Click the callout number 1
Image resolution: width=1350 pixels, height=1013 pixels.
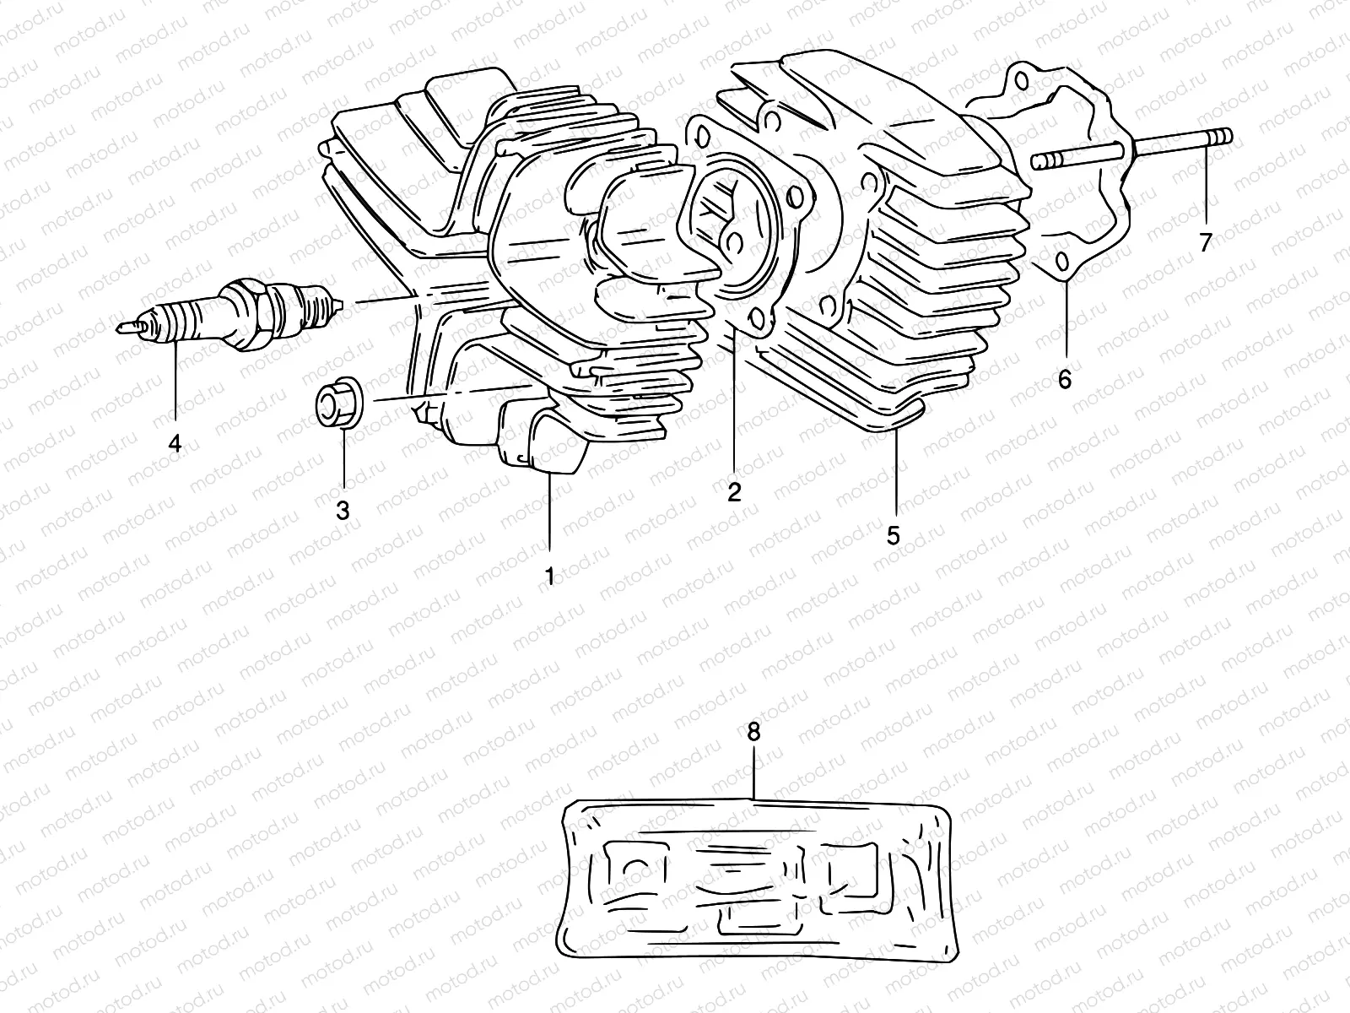[x=549, y=577]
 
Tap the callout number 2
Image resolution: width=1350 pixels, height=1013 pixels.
[x=734, y=492]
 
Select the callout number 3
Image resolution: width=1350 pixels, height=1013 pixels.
[x=343, y=510]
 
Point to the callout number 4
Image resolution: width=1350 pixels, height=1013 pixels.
[x=175, y=442]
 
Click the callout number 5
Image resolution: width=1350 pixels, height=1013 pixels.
[x=894, y=535]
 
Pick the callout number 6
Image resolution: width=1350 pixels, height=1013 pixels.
[x=1065, y=379]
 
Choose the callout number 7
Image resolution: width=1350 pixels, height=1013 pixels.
[x=1205, y=242]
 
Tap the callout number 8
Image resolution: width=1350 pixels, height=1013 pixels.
[x=753, y=731]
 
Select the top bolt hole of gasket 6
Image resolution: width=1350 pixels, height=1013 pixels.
[x=1022, y=80]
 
